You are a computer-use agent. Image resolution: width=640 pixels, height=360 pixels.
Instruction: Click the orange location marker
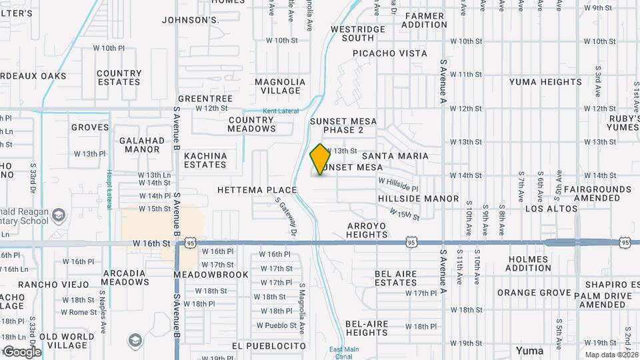321,159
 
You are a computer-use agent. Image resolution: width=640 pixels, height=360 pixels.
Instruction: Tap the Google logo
22,351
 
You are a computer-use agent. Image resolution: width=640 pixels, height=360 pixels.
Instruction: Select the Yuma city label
530,350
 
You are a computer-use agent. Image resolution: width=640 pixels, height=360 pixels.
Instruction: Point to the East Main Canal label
344,351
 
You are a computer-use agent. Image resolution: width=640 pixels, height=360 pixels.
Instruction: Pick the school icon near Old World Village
135,341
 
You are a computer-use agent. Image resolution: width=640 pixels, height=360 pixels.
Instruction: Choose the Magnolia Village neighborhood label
281,86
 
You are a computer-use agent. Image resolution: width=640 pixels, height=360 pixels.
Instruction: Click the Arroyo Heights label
367,230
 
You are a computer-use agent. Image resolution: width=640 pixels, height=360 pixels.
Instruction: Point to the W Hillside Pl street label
398,185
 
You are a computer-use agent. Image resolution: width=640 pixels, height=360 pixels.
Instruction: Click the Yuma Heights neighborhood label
545,82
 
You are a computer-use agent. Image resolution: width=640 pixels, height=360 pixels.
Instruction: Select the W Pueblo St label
276,325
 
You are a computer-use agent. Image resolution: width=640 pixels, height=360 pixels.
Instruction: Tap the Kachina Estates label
205,160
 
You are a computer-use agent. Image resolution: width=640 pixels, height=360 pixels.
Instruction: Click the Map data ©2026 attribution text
610,355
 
